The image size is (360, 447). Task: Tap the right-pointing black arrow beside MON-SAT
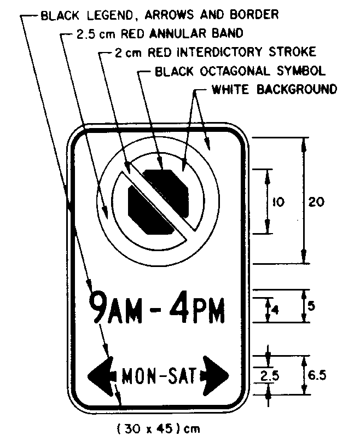pyautogui.click(x=216, y=376)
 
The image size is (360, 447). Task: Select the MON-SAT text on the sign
pyautogui.click(x=158, y=376)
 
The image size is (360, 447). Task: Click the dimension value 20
pyautogui.click(x=316, y=201)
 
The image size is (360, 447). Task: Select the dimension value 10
pyautogui.click(x=278, y=202)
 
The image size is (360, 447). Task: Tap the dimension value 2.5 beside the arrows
pyautogui.click(x=268, y=376)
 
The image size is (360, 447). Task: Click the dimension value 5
pyautogui.click(x=311, y=306)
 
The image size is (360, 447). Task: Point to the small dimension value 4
pyautogui.click(x=276, y=310)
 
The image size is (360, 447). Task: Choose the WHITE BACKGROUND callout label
pyautogui.click(x=274, y=89)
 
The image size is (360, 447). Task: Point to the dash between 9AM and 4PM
pyautogui.click(x=155, y=311)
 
